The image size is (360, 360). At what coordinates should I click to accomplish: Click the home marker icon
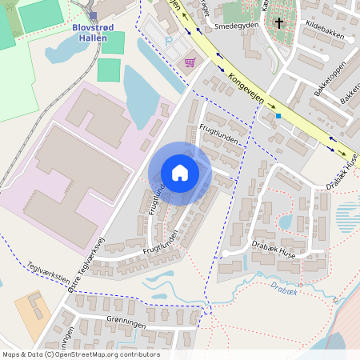[x=180, y=172]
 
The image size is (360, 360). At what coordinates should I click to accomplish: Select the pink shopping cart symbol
[x=190, y=62]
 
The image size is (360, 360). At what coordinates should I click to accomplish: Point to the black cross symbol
[x=279, y=23]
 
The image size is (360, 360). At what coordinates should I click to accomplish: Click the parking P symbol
[x=168, y=40]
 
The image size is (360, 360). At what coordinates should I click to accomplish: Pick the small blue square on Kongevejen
[x=278, y=116]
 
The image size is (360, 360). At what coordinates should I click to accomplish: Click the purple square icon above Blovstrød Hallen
[x=93, y=15]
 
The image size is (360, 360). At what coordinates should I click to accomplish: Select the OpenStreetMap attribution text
[x=80, y=354]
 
